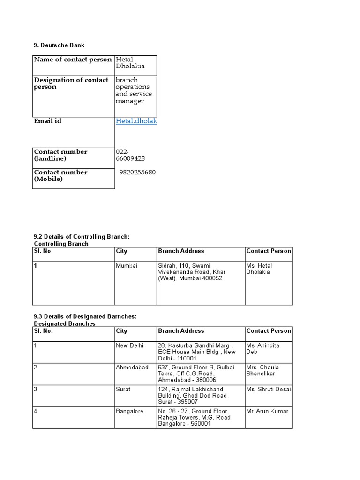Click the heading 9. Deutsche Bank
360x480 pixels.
coord(59,45)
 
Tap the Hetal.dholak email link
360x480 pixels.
coord(136,121)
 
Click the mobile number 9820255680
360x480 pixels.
coord(137,172)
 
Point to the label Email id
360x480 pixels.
coord(47,121)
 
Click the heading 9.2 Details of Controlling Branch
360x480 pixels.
coord(81,237)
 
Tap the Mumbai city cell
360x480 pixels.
coord(127,266)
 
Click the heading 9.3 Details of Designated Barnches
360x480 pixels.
coord(85,316)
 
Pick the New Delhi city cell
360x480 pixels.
coord(130,345)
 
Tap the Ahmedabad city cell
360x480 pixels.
coord(130,367)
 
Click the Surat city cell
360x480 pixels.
coord(123,389)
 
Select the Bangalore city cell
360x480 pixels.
coord(129,411)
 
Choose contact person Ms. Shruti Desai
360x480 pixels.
coord(268,389)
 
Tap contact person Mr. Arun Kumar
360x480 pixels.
coord(267,411)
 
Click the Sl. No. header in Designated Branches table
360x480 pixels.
coord(44,331)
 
